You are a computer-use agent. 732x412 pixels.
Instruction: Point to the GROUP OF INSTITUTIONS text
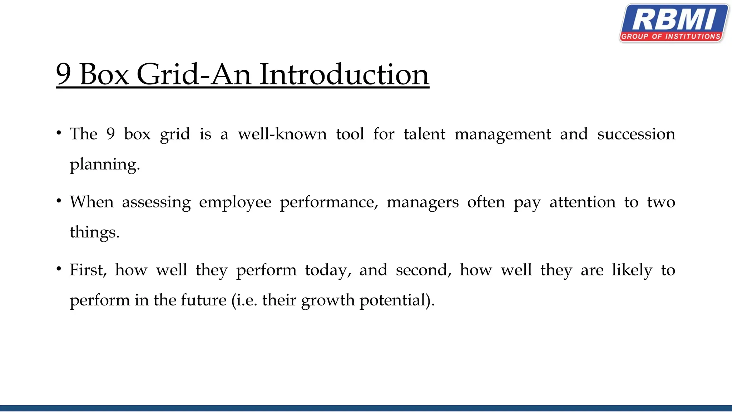pos(671,36)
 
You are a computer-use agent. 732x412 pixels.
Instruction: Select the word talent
pos(424,134)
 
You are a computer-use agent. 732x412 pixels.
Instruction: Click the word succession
pos(636,134)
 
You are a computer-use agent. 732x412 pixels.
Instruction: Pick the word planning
pos(104,165)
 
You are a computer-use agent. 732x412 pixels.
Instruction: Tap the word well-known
pos(282,134)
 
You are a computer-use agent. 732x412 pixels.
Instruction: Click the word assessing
pos(156,202)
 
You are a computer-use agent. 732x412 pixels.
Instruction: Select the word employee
pos(235,202)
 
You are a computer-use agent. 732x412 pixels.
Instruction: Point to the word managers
pos(422,202)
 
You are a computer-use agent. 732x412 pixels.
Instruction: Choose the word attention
pos(583,202)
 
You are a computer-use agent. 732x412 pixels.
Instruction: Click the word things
pos(94,232)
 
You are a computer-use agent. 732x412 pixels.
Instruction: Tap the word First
pos(88,270)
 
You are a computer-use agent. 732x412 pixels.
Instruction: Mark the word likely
pos(632,270)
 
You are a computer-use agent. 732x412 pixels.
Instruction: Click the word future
pos(203,300)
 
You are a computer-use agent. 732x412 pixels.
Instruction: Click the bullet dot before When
pos(59,201)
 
